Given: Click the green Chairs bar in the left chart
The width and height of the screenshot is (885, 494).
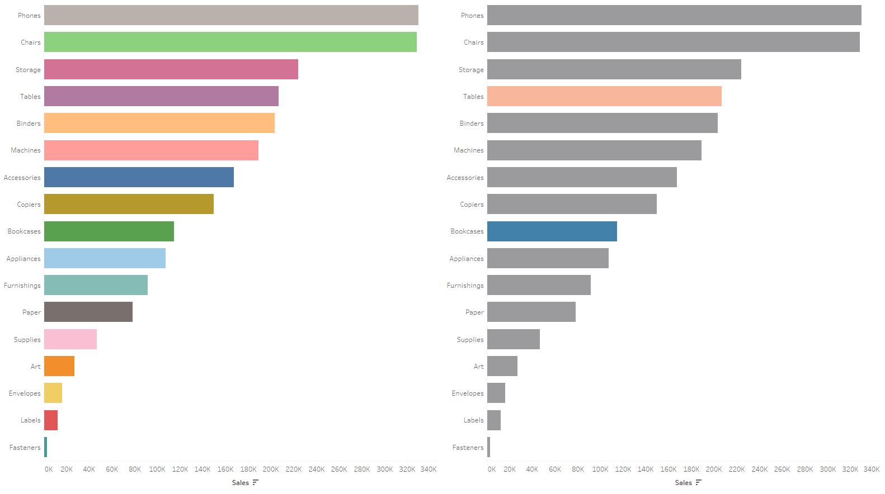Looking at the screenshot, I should [x=230, y=42].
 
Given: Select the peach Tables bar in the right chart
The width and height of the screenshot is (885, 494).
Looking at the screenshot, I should [x=604, y=96].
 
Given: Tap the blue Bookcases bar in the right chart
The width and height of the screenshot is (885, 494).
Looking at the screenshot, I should [x=552, y=231].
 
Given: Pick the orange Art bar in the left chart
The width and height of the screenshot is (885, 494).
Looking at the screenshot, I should [x=59, y=366].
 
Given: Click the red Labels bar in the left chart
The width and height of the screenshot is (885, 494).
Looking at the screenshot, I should [x=51, y=420].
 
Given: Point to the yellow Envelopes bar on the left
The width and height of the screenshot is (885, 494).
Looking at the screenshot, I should [x=53, y=393].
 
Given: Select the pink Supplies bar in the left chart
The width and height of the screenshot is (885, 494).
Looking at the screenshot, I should [x=70, y=339].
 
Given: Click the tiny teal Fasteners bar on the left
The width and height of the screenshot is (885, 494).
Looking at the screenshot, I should [x=46, y=447].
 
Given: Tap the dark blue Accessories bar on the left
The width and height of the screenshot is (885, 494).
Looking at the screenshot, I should [x=139, y=177].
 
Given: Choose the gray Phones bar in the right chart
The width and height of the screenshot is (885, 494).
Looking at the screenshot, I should [x=674, y=15].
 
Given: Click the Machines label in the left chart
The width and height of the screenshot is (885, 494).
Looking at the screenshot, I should [x=26, y=150].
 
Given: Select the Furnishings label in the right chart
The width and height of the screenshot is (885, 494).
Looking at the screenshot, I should [x=465, y=286].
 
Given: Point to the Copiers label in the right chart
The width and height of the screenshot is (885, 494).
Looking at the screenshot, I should [x=472, y=205].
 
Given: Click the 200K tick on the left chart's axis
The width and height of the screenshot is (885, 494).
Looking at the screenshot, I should [x=271, y=469].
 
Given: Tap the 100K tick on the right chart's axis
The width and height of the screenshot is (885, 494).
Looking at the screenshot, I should [x=600, y=469].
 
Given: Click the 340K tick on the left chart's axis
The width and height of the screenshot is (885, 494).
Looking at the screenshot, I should [x=429, y=469].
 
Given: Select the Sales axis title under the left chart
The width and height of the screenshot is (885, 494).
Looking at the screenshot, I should [x=241, y=483].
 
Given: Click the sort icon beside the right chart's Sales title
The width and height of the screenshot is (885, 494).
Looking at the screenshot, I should [x=698, y=482].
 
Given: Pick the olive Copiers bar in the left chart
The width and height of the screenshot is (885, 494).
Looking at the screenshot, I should [x=129, y=204].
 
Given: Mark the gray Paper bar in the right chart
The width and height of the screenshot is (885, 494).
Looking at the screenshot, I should [x=531, y=312].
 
